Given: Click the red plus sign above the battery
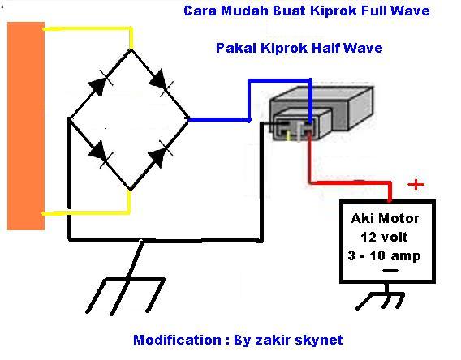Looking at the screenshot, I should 416,185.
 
